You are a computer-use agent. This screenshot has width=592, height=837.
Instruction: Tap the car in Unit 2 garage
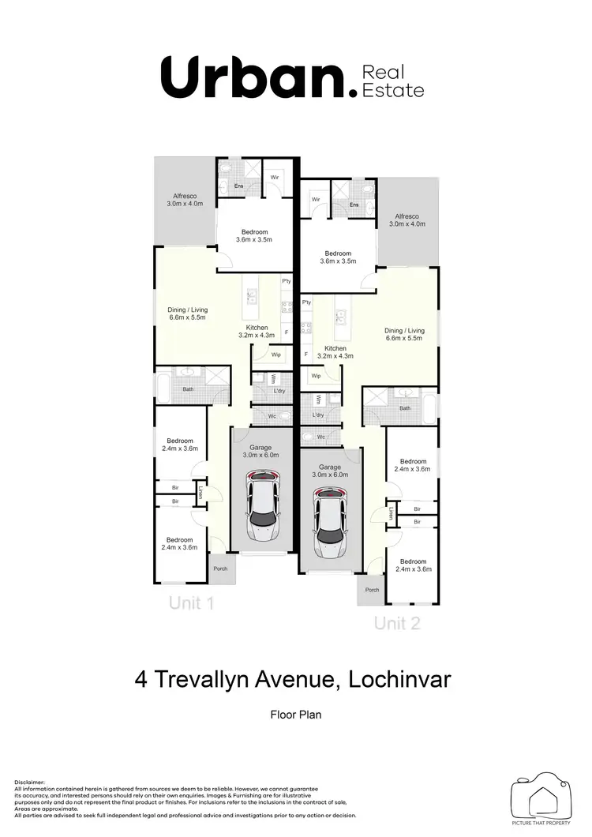(330, 521)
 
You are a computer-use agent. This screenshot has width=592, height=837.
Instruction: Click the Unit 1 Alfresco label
(185, 200)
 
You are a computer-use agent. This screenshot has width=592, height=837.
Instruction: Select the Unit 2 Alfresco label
(407, 220)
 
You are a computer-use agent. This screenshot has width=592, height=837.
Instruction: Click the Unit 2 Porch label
(371, 590)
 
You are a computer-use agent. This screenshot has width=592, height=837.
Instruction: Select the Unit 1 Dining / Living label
(187, 313)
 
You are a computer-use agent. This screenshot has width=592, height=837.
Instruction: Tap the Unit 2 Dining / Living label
(404, 334)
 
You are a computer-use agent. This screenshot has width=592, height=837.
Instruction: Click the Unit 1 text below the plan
(191, 604)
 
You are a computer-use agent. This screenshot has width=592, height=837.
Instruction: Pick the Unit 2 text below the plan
(397, 624)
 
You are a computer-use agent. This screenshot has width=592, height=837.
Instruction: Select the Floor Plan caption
(296, 715)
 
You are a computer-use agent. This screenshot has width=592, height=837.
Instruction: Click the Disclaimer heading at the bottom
(30, 780)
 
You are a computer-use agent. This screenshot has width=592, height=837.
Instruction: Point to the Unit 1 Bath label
(188, 388)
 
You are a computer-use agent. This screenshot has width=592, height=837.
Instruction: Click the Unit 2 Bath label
(405, 408)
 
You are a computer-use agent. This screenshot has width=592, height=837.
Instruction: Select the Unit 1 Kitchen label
(257, 328)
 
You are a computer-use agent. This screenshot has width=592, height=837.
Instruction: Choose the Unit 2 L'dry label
(318, 415)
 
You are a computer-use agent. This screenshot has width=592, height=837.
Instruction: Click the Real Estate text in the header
(392, 82)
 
